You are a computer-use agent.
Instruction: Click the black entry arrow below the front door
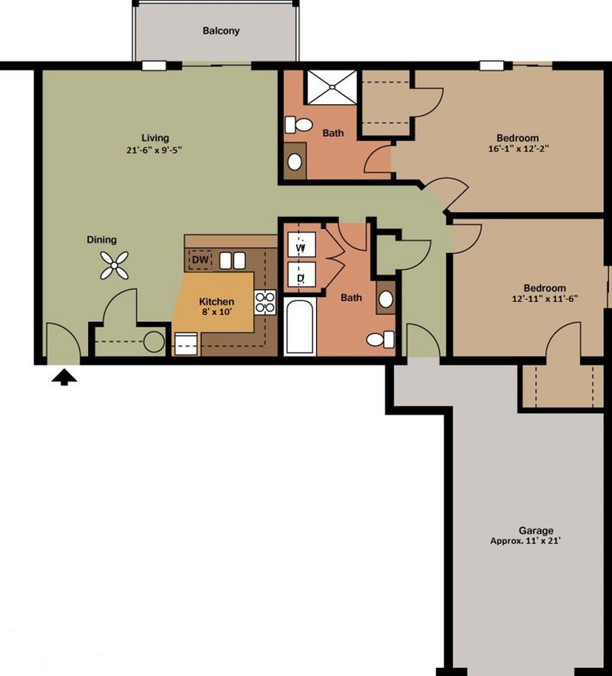coord(65,376)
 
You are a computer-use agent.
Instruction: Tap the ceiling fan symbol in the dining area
coord(114,265)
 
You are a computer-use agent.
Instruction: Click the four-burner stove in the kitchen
coord(265,303)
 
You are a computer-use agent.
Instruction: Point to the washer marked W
coord(301,247)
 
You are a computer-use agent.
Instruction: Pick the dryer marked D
coord(301,278)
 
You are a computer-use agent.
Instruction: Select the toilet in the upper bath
coord(301,125)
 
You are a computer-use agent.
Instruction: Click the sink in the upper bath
coord(295,162)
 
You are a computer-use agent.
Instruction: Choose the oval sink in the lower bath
coord(386,300)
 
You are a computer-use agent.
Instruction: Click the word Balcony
coord(221,31)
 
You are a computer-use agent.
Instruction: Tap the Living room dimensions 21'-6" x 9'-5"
coord(156,149)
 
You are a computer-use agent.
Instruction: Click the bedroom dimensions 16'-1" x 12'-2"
coord(518,148)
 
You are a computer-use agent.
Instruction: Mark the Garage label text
coord(536,530)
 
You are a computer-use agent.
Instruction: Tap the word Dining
coord(102,239)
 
